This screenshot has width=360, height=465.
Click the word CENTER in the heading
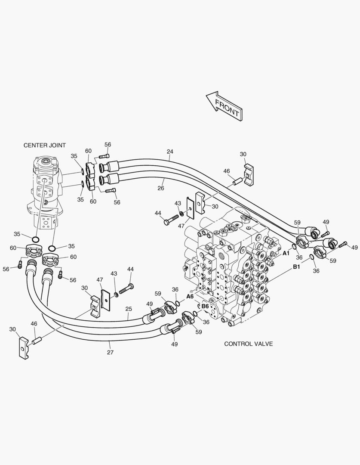[37, 146]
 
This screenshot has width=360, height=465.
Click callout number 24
[170, 152]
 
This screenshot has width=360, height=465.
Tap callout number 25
[128, 309]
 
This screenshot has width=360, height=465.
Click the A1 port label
[286, 253]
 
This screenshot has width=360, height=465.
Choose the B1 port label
[296, 267]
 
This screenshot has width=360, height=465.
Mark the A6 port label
[190, 297]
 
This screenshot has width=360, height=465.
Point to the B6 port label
[205, 306]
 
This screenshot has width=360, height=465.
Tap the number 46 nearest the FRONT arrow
[227, 171]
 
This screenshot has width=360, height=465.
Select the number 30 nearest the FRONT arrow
[243, 154]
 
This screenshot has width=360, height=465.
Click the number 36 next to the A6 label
[175, 289]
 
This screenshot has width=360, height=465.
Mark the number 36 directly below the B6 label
[206, 322]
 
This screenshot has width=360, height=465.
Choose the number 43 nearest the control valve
[178, 203]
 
